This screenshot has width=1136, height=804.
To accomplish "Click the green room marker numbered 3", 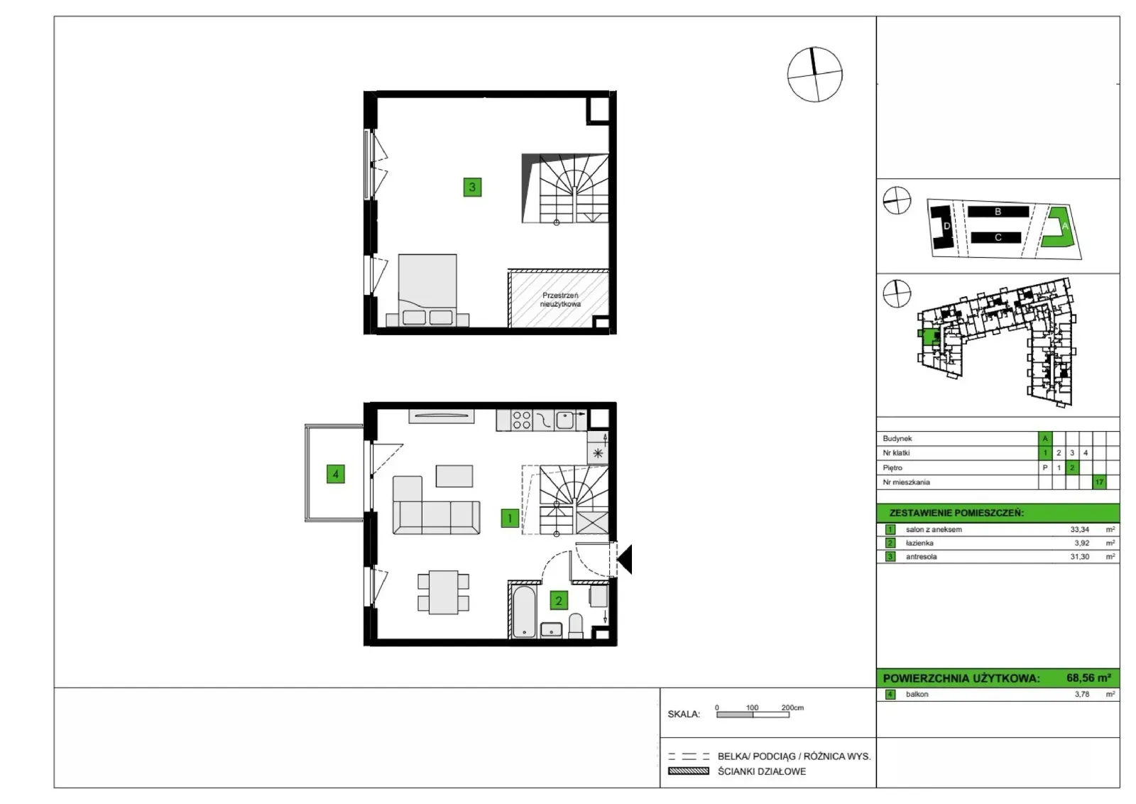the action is [472, 188].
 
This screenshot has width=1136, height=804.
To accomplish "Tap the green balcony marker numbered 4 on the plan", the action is [336, 474].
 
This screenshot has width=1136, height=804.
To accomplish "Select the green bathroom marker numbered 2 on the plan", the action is [559, 601].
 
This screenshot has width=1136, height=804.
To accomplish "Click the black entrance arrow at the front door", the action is [625, 559].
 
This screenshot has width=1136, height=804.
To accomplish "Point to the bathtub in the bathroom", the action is [523, 612].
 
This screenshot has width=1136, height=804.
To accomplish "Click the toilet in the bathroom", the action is [576, 626].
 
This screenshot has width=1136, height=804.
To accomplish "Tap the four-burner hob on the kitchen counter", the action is [521, 420].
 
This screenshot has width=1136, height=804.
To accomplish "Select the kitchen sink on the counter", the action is [564, 420].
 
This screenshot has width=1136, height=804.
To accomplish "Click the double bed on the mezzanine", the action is [427, 290].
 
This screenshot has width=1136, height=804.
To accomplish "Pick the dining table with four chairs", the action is [443, 592].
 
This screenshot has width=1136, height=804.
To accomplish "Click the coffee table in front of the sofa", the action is [454, 476].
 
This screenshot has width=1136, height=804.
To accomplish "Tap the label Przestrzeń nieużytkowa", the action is [560, 300].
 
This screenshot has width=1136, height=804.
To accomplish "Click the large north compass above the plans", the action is [814, 75].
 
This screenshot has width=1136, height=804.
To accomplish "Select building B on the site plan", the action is [998, 212].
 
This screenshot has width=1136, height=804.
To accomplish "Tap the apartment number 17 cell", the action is [1099, 482].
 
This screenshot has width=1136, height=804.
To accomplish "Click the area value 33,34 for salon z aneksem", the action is [1080, 529].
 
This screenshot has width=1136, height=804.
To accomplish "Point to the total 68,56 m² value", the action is [1089, 678].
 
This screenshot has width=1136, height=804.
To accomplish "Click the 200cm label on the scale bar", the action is [792, 707].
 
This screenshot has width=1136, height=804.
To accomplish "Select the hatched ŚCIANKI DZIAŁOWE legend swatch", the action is [689, 771].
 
